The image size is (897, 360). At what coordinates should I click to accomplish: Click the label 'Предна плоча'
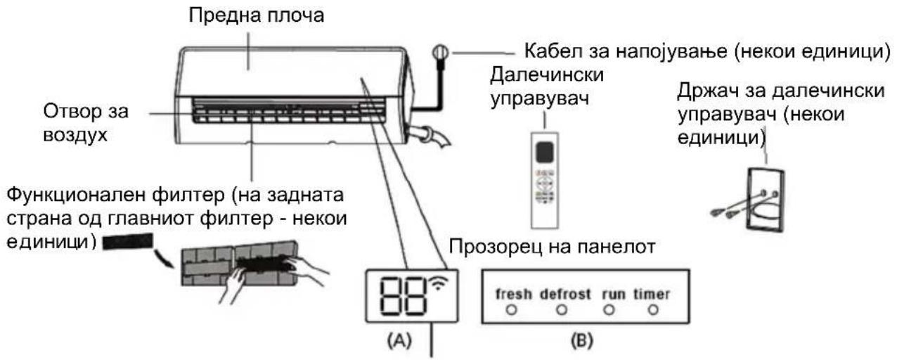click(x=257, y=16)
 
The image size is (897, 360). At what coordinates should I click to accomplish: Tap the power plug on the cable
click(x=440, y=53)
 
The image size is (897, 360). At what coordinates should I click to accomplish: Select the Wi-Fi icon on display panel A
click(x=439, y=283)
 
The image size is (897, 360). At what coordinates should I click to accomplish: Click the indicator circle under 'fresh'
click(x=511, y=310)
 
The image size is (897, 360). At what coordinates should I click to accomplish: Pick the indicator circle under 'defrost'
click(x=562, y=310)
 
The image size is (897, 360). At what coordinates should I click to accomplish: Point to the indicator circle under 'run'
click(x=609, y=310)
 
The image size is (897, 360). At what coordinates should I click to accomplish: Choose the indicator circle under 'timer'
click(x=653, y=310)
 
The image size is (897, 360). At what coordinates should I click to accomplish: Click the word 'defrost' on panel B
click(x=565, y=294)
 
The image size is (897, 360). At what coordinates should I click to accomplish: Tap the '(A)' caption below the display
click(x=399, y=341)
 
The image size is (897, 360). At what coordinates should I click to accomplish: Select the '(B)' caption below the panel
click(x=581, y=341)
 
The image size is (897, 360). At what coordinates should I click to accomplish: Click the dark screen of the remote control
click(x=545, y=151)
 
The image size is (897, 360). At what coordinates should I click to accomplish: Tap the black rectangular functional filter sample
click(x=128, y=242)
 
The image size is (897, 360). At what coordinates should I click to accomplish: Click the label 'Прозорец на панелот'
click(x=553, y=247)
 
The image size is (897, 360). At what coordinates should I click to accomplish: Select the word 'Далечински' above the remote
click(x=547, y=75)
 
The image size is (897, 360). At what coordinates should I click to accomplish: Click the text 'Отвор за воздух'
click(x=86, y=123)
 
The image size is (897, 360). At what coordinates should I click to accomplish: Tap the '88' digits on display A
click(x=402, y=296)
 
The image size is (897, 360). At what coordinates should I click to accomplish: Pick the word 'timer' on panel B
click(x=652, y=294)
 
